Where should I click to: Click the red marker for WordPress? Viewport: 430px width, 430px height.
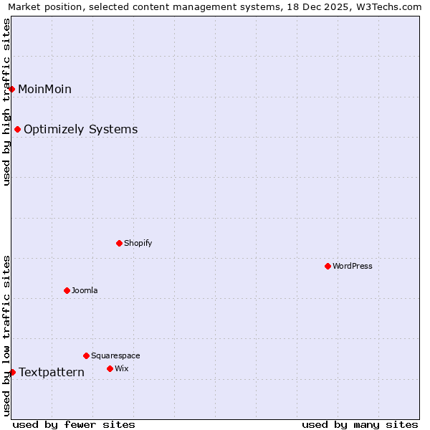coord(328,266)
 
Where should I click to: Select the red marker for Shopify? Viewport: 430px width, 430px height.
coord(119,243)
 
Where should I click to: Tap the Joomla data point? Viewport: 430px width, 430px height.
coord(67,290)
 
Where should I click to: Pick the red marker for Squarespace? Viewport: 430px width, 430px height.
coord(86,355)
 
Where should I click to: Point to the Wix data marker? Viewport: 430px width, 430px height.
coord(110,368)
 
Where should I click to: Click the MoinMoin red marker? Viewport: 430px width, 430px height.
coord(12,89)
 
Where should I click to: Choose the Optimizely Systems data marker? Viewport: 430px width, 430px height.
coord(17,129)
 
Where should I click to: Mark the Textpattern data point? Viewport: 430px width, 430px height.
coord(12,372)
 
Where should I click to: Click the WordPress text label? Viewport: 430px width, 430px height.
coord(353,266)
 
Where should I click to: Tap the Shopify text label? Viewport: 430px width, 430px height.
coord(138,243)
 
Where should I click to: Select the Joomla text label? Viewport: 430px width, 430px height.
coord(85,290)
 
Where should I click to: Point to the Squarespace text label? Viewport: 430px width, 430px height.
coord(115,355)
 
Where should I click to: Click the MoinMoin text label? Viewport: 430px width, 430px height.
coord(44,89)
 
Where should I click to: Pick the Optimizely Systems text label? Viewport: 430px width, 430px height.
coord(81,129)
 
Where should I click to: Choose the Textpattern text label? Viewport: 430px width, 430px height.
coord(52,372)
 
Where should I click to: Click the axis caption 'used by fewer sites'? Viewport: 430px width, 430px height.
coord(74,424)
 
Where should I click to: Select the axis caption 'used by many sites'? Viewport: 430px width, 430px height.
coord(360,424)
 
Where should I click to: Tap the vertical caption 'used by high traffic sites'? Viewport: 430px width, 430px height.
coord(6,102)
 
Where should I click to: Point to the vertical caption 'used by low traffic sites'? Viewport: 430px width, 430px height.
coord(6,335)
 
